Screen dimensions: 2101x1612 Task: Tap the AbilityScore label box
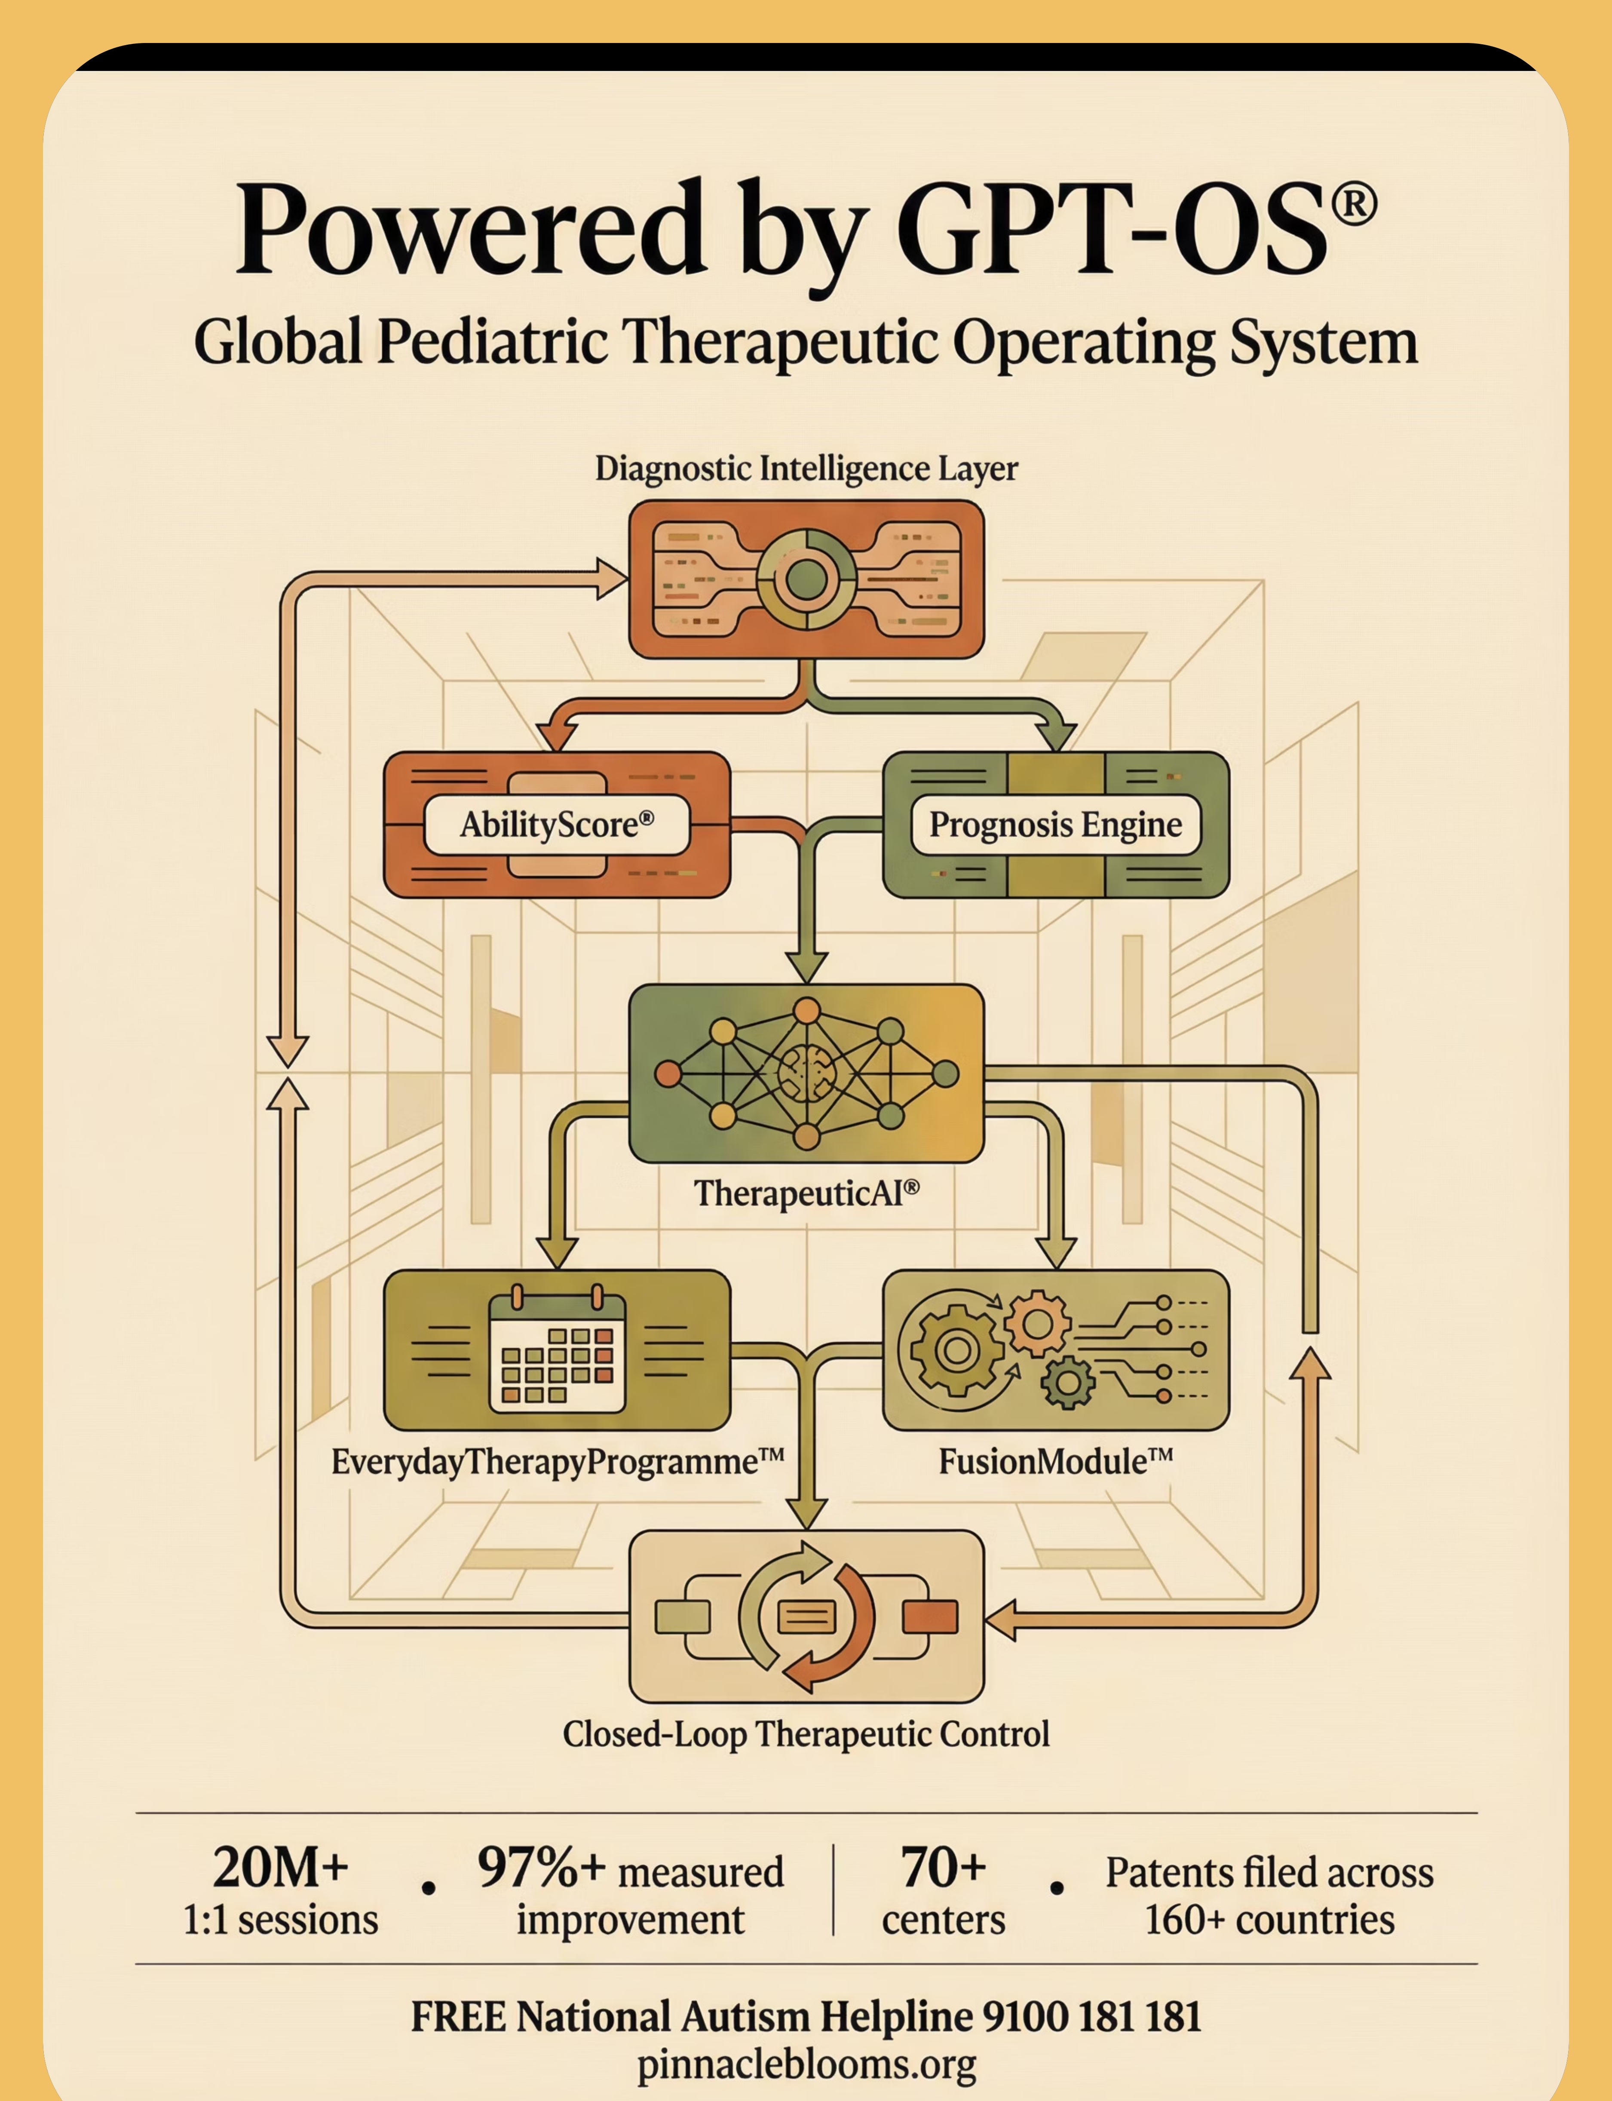click(x=557, y=824)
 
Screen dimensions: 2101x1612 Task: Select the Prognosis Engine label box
click(x=1055, y=824)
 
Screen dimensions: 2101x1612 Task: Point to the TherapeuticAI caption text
click(x=806, y=1193)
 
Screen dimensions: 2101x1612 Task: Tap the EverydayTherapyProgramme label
click(x=557, y=1462)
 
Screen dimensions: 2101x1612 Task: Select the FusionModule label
click(x=1055, y=1462)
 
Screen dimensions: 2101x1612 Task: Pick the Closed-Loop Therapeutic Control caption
click(x=806, y=1733)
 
